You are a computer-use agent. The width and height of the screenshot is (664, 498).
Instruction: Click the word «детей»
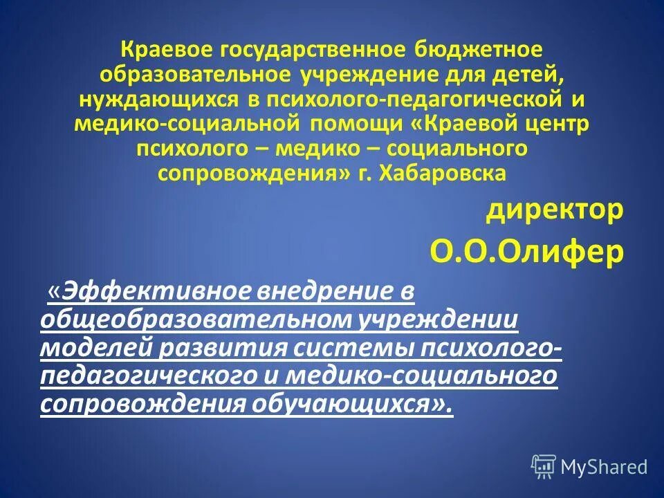pyautogui.click(x=529, y=75)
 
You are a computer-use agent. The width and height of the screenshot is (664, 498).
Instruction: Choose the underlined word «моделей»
pyautogui.click(x=97, y=348)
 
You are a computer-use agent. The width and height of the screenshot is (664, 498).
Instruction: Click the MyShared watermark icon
pyautogui.click(x=544, y=466)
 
